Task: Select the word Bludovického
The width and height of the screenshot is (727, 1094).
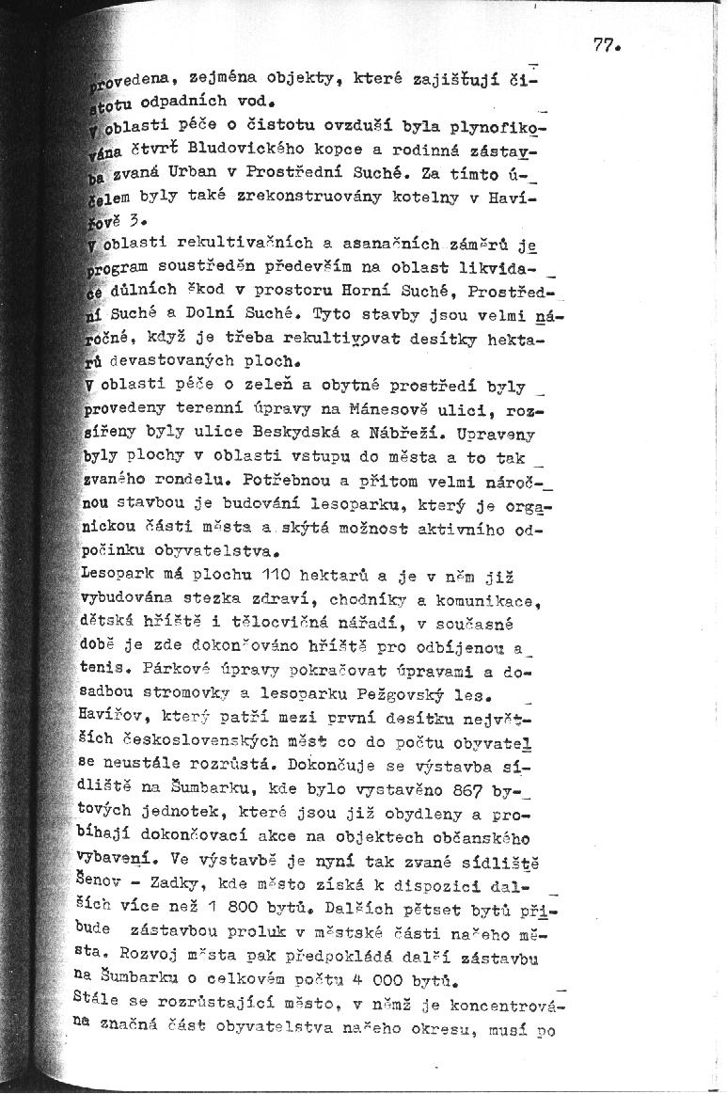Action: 240,149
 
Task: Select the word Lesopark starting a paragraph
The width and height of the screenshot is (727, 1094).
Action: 117,574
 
